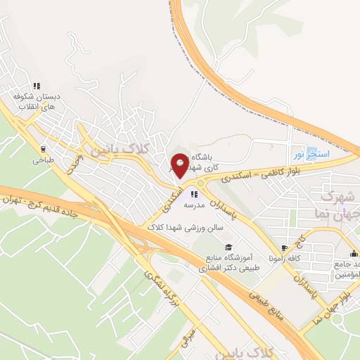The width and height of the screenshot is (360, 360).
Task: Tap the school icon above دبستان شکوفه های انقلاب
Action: pos(35,82)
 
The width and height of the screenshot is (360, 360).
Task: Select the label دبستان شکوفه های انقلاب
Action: pos(36,101)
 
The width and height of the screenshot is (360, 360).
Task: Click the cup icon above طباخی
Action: pos(44,149)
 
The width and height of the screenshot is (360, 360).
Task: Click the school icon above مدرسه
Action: pos(195,195)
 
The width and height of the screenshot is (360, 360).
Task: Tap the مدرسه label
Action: pos(194,205)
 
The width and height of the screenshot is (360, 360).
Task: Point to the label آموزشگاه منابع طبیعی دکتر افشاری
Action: pos(223,263)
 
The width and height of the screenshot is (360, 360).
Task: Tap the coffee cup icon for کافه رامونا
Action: pos(285,248)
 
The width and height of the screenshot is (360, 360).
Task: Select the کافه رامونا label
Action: pos(298,259)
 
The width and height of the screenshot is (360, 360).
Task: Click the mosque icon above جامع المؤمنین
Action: pos(354,253)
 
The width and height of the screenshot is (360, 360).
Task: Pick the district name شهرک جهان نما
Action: pos(340,202)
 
